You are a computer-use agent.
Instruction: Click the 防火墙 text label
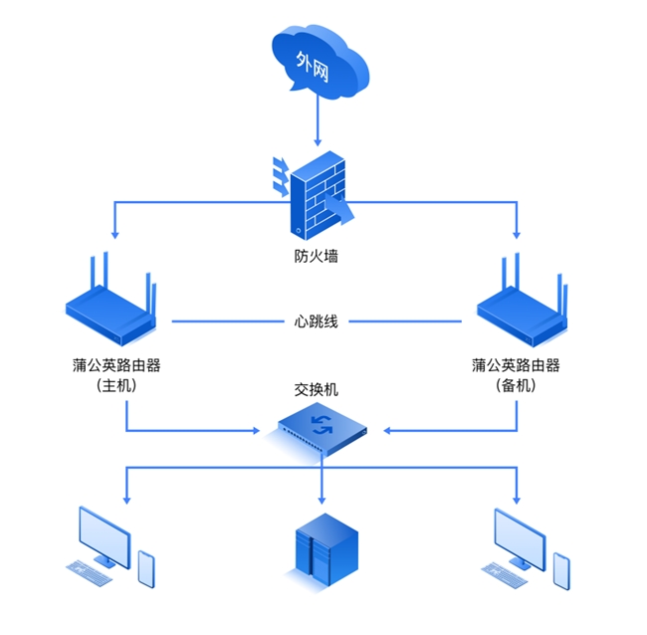tap(317, 257)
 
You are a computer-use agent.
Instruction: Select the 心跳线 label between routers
tap(317, 321)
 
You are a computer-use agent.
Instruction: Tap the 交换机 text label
tap(317, 389)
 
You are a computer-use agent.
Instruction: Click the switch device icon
tap(322, 428)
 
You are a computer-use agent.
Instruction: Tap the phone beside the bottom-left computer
tap(146, 568)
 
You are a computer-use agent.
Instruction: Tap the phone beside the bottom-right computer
tap(561, 569)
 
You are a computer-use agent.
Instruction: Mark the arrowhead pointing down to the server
tap(321, 499)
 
